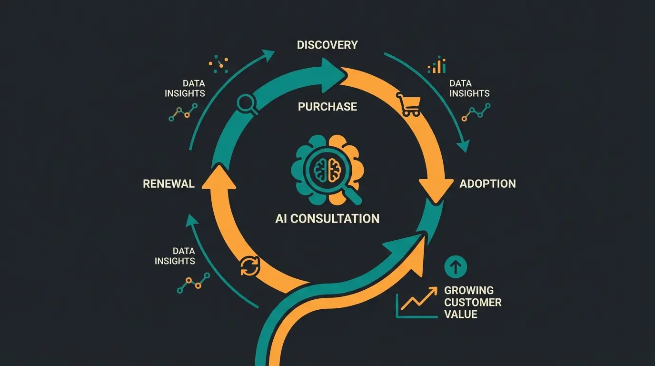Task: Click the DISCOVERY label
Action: point(327,45)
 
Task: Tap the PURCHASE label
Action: point(327,106)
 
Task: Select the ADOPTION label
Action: point(487,183)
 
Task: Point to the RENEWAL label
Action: point(169,183)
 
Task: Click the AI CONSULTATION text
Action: point(327,219)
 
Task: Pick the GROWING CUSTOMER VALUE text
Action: point(472,302)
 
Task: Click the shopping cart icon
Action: point(408,104)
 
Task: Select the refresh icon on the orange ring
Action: point(250,266)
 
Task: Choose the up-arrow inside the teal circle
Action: point(456,267)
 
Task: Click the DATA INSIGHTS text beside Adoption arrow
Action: point(469,89)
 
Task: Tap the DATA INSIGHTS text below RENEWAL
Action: point(175,256)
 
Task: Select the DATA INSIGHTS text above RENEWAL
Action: point(185,89)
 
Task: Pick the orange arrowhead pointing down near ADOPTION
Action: point(436,188)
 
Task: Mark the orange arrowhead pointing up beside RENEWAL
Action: point(219,179)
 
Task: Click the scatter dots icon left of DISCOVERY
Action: point(218,64)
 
